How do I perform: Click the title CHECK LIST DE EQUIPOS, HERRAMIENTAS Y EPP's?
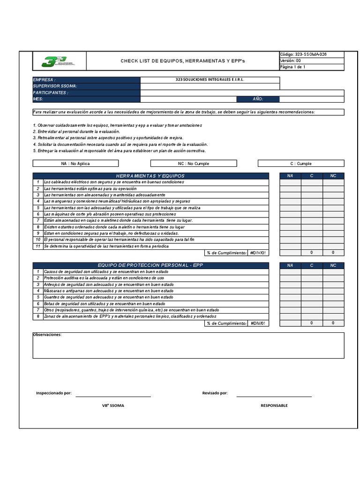click(x=182, y=61)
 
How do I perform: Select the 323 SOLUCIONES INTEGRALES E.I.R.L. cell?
click(x=210, y=80)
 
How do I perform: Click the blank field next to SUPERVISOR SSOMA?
click(x=210, y=86)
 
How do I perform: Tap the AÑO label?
click(x=258, y=99)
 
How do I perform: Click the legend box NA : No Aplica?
click(x=75, y=164)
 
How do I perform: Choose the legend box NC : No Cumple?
click(x=193, y=164)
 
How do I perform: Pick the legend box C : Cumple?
click(x=300, y=164)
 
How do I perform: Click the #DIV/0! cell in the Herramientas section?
click(x=258, y=253)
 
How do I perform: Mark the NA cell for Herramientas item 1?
click(x=290, y=182)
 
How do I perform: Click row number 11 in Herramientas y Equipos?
click(x=37, y=246)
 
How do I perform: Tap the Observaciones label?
click(x=47, y=335)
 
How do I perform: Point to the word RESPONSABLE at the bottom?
click(x=274, y=405)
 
